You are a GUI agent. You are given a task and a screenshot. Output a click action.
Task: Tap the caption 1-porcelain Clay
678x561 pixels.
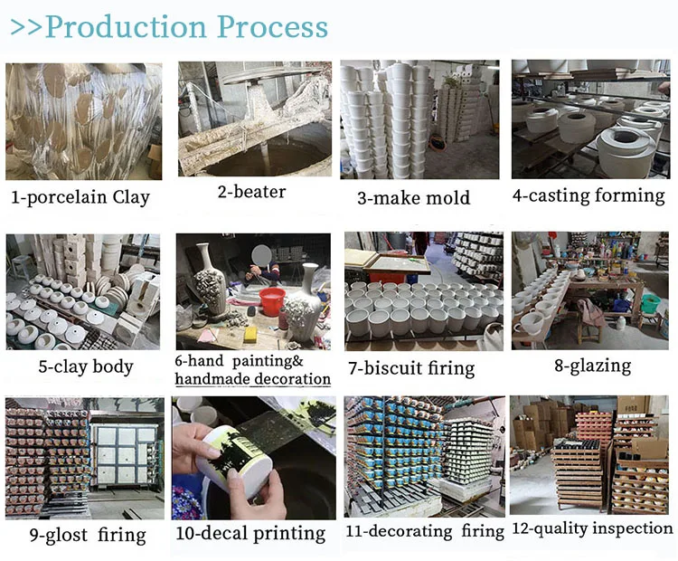pyautogui.click(x=80, y=197)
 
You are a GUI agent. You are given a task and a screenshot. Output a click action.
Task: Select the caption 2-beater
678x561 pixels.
pyautogui.click(x=252, y=192)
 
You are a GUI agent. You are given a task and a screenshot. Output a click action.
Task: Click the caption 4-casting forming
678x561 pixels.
pyautogui.click(x=589, y=195)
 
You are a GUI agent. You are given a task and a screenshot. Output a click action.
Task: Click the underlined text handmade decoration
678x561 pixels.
pyautogui.click(x=252, y=379)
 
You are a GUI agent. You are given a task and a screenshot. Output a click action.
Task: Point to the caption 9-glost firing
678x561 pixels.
pyautogui.click(x=87, y=535)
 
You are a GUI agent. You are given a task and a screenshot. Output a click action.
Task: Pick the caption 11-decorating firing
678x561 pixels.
pyautogui.click(x=424, y=531)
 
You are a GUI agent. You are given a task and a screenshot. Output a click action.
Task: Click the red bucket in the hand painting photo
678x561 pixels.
pyautogui.click(x=272, y=300)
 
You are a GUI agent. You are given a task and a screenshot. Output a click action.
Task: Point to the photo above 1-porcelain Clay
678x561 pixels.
pyautogui.click(x=83, y=121)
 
